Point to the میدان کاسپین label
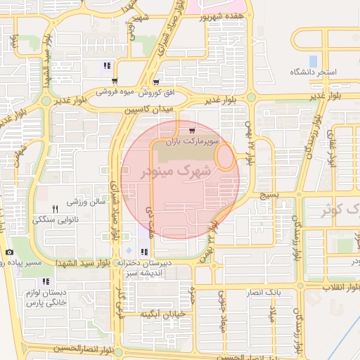(x=150, y=110)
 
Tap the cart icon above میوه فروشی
(x=115, y=81)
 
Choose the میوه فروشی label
(x=115, y=92)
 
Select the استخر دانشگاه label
(x=314, y=73)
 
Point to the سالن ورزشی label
(x=86, y=202)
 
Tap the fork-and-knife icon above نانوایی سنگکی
(x=55, y=209)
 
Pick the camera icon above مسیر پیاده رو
(x=9, y=252)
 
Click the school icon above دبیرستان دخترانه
(x=144, y=252)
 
